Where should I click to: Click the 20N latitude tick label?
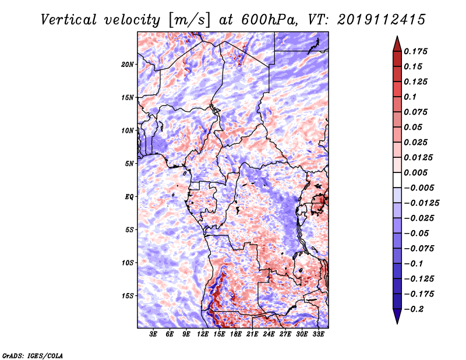[x=128, y=65]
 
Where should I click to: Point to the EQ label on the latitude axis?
[x=129, y=197]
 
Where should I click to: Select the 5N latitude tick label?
[x=129, y=164]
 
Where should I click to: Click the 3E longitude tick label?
[x=153, y=334]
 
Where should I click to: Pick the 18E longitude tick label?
[x=236, y=334]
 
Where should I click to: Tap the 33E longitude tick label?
[x=318, y=334]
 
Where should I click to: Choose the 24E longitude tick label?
[x=269, y=334]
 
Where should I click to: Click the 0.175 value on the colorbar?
[x=415, y=51]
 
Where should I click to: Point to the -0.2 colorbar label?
[x=414, y=309]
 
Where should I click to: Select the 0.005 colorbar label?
[x=415, y=172]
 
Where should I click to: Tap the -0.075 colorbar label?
[x=419, y=249]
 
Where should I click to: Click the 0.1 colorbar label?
[x=410, y=97]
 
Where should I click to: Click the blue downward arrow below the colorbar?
[x=397, y=316]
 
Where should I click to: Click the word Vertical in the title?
[x=68, y=20]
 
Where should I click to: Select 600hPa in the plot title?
[x=269, y=20]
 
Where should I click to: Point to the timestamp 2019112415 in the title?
[x=382, y=20]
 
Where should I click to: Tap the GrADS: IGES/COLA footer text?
[x=33, y=355]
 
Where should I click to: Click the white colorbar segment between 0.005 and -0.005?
[x=397, y=180]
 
